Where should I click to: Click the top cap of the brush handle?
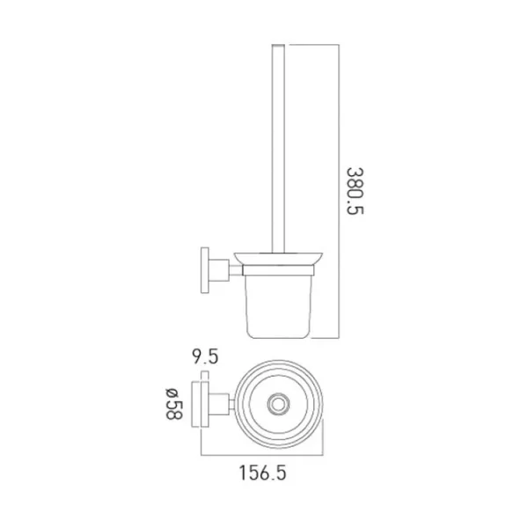tap(281, 45)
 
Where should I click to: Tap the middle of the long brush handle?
tap(281, 150)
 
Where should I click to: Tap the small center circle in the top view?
tap(279, 405)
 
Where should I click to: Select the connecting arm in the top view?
tap(225, 405)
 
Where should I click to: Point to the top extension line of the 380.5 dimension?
tap(312, 42)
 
